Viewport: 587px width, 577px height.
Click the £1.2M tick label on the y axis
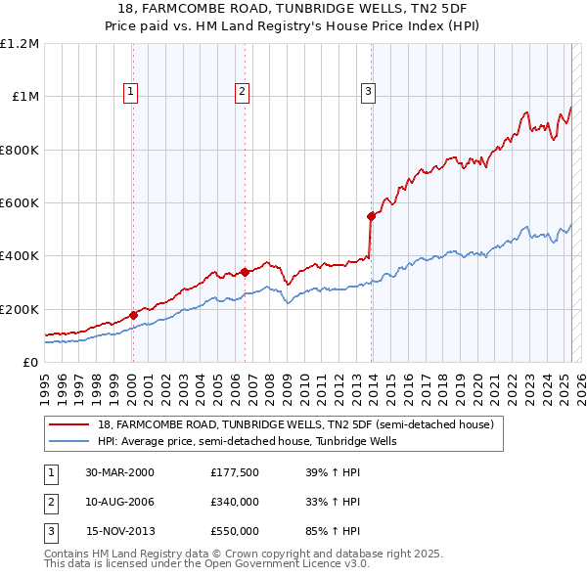click(x=20, y=44)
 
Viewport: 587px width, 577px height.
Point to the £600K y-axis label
click(x=20, y=203)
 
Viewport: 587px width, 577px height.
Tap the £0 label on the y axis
click(x=30, y=363)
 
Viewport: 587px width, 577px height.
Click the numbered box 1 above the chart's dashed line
click(x=131, y=93)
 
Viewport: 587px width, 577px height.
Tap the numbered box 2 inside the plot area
click(x=242, y=93)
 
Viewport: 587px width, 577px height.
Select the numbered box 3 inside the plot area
click(x=368, y=93)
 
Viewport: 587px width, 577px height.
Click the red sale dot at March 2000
click(x=133, y=315)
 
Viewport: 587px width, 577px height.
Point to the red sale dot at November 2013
click(x=371, y=216)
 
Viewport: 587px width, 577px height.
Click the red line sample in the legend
click(x=69, y=424)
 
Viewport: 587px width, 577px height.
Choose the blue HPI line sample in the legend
click(x=69, y=441)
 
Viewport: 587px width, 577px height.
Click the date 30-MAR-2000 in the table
click(x=119, y=473)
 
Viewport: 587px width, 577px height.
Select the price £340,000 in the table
click(x=235, y=502)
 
